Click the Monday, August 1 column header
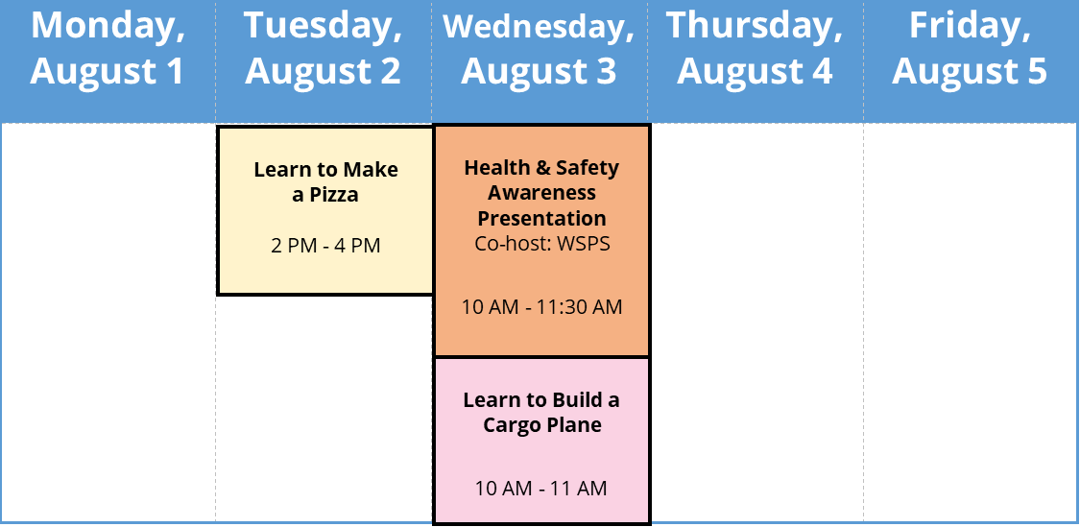tap(108, 48)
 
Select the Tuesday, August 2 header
tap(323, 48)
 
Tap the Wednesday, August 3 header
tap(539, 48)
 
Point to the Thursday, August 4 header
tap(755, 48)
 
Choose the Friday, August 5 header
tap(970, 48)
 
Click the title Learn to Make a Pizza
tap(325, 181)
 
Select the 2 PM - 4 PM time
tap(325, 245)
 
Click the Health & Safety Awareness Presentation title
tap(542, 193)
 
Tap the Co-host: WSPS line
tap(542, 244)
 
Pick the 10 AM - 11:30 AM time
tap(542, 306)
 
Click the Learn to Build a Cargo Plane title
tap(541, 413)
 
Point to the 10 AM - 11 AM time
tap(541, 489)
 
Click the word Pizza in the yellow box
tap(333, 195)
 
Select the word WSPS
tap(585, 244)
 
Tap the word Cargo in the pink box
tap(510, 425)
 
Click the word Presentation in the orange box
tap(542, 218)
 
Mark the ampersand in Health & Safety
tap(542, 167)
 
